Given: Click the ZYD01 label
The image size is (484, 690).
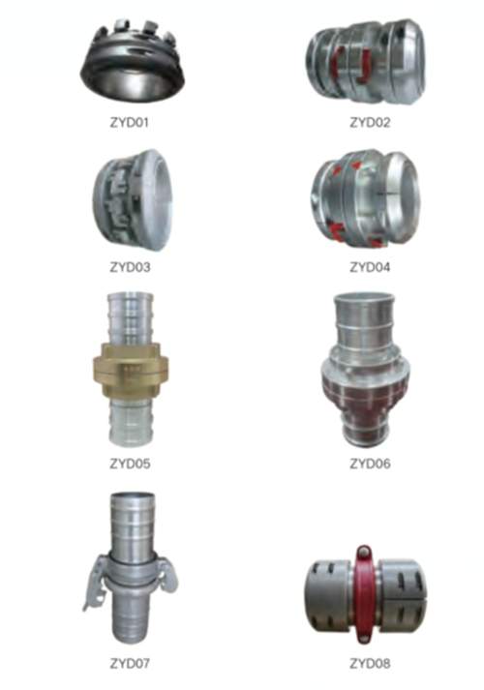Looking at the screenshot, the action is [x=130, y=122].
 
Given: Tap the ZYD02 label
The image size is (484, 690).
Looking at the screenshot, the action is [x=370, y=122].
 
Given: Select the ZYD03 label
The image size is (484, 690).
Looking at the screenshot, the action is [x=130, y=267].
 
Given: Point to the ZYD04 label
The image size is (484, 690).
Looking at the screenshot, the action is [x=370, y=267].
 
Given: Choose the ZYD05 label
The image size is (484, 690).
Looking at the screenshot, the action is [x=130, y=464].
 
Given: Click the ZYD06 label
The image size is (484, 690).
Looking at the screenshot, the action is [x=370, y=464].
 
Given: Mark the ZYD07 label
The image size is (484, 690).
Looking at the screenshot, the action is [x=130, y=663].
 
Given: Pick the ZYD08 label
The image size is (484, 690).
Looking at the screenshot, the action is [x=370, y=663].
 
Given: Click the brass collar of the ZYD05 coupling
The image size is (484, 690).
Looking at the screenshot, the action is [x=131, y=370].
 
